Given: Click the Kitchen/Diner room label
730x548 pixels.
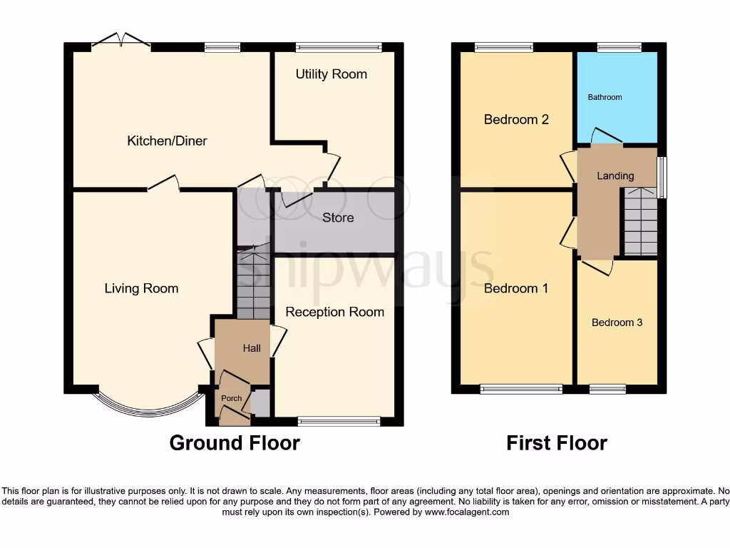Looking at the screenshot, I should (x=167, y=141).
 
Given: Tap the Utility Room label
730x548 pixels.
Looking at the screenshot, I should (x=331, y=74).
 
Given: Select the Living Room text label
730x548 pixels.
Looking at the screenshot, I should (x=141, y=288).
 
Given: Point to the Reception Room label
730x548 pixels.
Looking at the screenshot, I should (x=334, y=312).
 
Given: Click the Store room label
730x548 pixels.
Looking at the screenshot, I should (x=337, y=218).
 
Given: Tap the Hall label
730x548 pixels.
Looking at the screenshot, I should (x=252, y=349).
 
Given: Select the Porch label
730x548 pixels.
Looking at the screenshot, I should (x=231, y=398).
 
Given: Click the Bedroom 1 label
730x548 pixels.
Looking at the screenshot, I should (x=515, y=288).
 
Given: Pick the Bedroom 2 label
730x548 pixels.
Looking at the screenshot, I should (x=515, y=119).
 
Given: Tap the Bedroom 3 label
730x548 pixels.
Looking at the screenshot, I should (x=617, y=323).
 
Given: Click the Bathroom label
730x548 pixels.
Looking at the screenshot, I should (x=605, y=97).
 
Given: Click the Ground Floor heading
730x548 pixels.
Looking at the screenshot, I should (x=235, y=443).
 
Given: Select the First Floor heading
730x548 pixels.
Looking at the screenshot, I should (x=556, y=443).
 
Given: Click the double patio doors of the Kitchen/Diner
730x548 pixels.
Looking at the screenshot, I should (x=120, y=41).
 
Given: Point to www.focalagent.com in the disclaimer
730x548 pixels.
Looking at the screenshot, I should (x=466, y=512).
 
